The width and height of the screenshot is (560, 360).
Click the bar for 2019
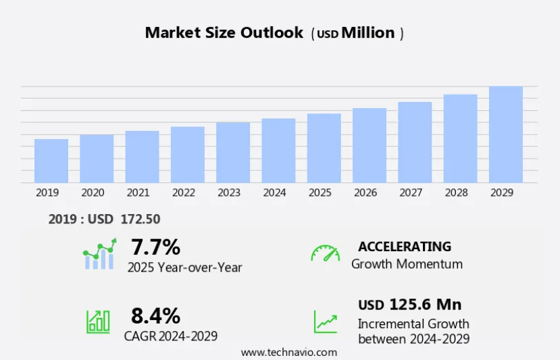51,161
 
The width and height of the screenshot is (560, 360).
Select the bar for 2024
278,151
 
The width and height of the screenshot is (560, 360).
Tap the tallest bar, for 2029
506,134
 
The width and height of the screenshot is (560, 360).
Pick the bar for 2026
370,145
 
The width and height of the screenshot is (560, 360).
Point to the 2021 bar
142,157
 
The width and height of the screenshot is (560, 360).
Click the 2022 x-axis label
184,192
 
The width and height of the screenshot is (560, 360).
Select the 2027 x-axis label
411,192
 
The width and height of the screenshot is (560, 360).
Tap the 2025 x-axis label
320,192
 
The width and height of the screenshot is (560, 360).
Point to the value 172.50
140,220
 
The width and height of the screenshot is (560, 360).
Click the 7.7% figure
155,246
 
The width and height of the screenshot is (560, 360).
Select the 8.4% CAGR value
155,315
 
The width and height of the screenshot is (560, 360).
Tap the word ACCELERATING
405,247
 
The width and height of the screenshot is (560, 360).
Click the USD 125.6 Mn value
410,304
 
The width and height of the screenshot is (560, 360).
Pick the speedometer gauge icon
325,253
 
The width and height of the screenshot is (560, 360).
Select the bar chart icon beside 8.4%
98,321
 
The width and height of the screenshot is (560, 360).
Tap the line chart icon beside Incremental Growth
325,321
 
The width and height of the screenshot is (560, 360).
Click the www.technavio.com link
288,352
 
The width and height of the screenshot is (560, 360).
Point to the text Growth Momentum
407,264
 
